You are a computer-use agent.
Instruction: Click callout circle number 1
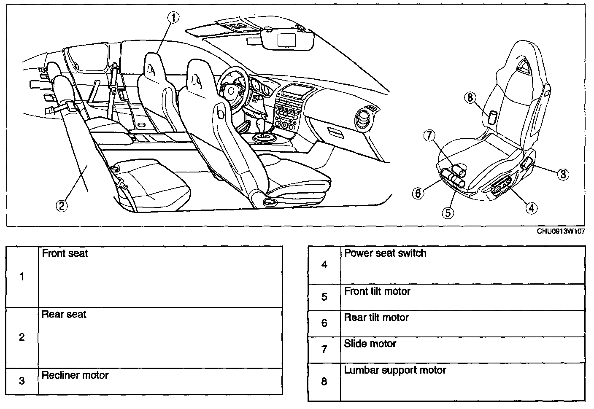tap(173, 17)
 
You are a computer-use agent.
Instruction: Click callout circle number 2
tap(62, 205)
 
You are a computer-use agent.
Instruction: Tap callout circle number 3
tap(563, 174)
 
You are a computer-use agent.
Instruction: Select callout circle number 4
tap(531, 207)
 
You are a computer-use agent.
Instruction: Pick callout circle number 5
tap(448, 213)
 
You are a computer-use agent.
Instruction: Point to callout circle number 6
tap(418, 193)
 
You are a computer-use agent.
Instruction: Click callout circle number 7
tap(429, 135)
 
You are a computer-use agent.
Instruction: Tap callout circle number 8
tap(471, 97)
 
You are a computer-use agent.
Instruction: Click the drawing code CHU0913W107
tap(561, 231)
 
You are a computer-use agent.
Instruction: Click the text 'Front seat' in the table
tap(65, 253)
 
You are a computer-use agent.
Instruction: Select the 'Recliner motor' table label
tap(75, 375)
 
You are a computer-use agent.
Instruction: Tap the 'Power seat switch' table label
tap(385, 253)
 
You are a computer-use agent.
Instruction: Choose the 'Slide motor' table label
tap(370, 344)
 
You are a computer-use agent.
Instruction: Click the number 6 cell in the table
tap(324, 323)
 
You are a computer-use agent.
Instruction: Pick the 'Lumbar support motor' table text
tap(395, 370)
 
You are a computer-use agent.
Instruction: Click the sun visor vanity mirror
tap(288, 40)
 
